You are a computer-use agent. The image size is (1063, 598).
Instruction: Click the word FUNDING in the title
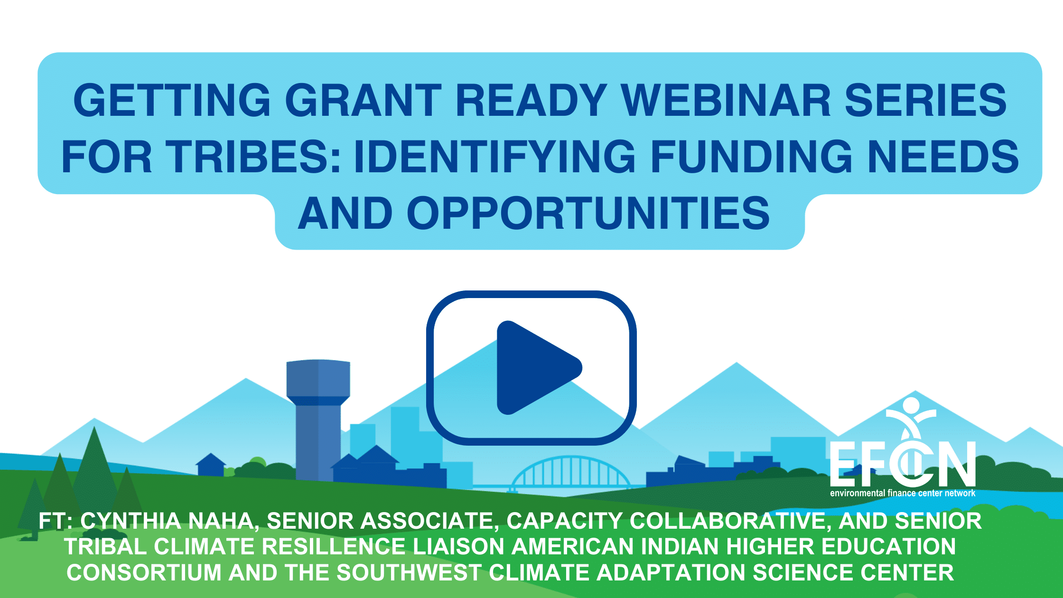pyautogui.click(x=751, y=156)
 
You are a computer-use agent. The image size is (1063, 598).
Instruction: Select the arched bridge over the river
pyautogui.click(x=572, y=472)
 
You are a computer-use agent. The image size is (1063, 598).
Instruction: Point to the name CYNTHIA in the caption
pyautogui.click(x=131, y=521)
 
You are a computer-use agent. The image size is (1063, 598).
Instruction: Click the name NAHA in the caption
pyautogui.click(x=224, y=521)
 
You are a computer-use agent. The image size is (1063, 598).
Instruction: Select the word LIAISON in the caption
pyautogui.click(x=458, y=546)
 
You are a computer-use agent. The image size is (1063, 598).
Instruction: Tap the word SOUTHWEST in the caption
pyautogui.click(x=409, y=572)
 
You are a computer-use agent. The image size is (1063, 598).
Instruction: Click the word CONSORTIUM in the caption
pyautogui.click(x=144, y=572)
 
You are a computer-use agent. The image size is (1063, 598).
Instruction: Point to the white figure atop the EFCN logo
pyautogui.click(x=911, y=415)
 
